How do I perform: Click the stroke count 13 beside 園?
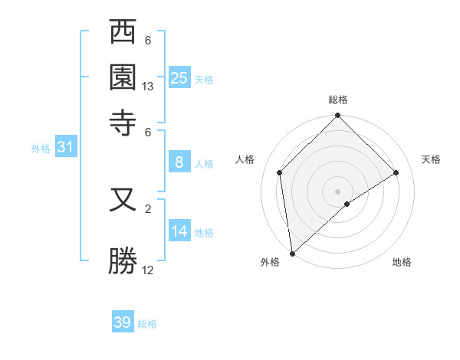tap(148, 87)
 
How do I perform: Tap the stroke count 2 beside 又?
tap(148, 208)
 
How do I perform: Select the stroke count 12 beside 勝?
tap(148, 270)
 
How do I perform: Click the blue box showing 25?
tap(179, 77)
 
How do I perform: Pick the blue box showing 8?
tap(179, 162)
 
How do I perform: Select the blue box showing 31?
tap(65, 148)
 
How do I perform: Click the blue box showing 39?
tap(123, 322)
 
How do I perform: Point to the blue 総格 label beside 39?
tap(147, 324)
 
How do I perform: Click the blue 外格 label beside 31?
tap(40, 149)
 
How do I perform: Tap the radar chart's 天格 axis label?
tap(431, 159)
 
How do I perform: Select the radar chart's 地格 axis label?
tap(402, 263)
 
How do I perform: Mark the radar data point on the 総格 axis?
tap(338, 116)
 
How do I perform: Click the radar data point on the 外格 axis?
tap(292, 254)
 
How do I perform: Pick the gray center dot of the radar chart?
tap(338, 191)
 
